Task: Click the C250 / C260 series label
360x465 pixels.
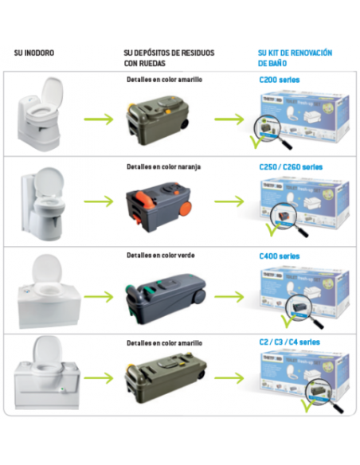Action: click(x=291, y=167)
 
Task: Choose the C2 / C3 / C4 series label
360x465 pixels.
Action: click(x=288, y=342)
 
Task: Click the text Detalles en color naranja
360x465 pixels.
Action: click(x=163, y=167)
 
